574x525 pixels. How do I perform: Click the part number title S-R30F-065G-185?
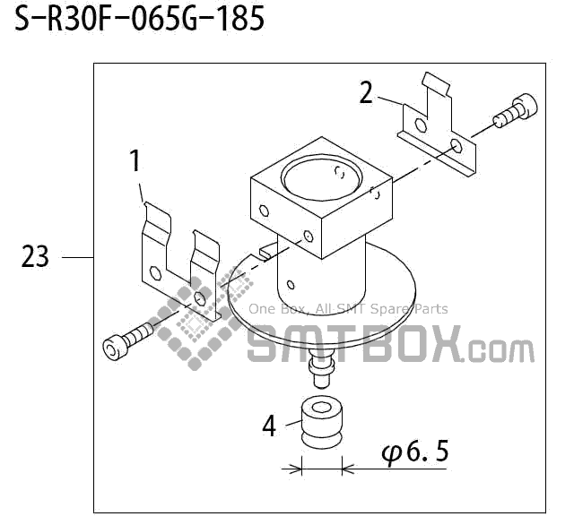139,20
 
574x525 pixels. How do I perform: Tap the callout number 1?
135,162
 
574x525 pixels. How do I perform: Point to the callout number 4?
269,426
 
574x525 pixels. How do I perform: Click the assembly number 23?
35,258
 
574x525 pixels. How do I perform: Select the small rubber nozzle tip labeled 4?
321,417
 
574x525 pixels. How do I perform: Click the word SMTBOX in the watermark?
354,345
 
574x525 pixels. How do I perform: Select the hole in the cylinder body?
290,286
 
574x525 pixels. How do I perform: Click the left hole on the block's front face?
264,212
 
